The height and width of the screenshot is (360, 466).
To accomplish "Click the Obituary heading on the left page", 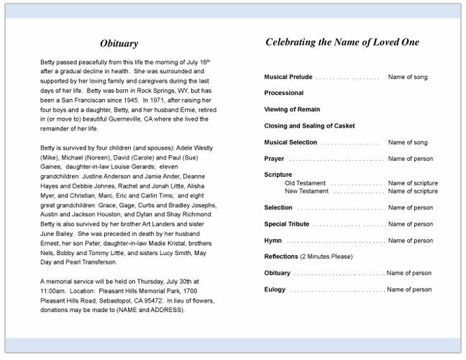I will (x=119, y=43).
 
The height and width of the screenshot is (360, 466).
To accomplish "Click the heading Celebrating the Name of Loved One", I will (x=342, y=42).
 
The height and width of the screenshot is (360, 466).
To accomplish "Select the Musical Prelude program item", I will (x=288, y=76).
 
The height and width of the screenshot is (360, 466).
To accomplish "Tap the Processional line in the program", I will (x=283, y=93).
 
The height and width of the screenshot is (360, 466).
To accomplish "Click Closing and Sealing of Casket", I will (x=309, y=126).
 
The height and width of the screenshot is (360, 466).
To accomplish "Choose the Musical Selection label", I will (x=290, y=142).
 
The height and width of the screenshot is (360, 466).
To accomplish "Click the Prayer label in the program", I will (x=274, y=159).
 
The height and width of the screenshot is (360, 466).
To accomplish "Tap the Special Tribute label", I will (x=286, y=224).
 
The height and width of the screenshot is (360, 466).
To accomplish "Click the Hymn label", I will (x=273, y=241).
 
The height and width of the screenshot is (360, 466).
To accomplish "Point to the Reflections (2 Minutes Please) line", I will (x=309, y=257).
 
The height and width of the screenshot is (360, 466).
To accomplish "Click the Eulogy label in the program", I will (x=275, y=290).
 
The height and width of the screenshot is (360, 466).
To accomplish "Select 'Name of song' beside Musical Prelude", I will (x=408, y=76).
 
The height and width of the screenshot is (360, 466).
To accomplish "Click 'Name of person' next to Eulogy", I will (x=409, y=290).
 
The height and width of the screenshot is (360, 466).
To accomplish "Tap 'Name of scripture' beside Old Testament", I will (x=413, y=183).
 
